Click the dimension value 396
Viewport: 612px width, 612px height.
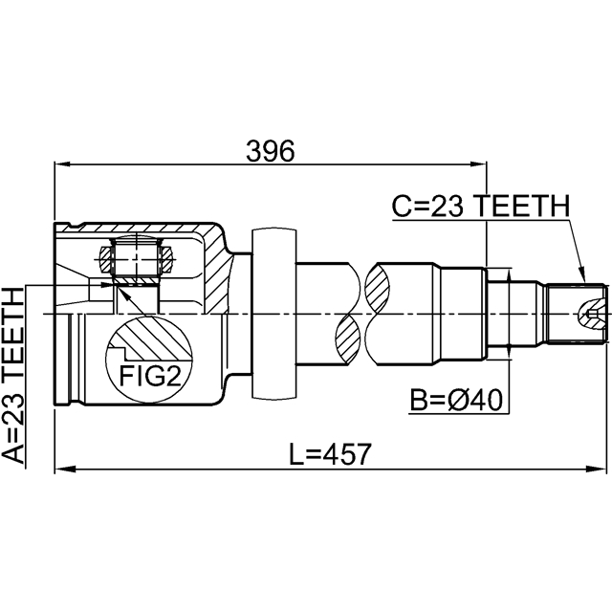click(271, 149)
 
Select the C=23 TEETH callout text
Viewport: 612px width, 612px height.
click(481, 206)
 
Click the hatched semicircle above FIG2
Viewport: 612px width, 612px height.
click(150, 339)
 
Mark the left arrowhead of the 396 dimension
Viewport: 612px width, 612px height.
click(60, 165)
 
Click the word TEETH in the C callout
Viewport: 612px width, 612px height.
click(522, 206)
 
